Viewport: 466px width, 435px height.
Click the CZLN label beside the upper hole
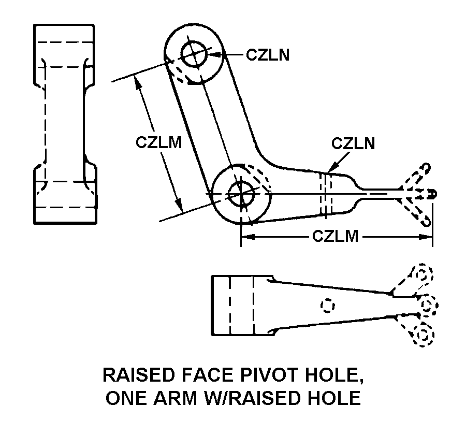tap(268, 54)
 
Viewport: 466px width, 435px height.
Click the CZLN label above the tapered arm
tap(353, 143)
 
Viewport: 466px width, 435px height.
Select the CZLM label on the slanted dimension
tap(159, 142)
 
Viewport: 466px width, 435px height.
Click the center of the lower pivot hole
tap(241, 194)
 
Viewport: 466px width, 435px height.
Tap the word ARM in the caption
tap(172, 398)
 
